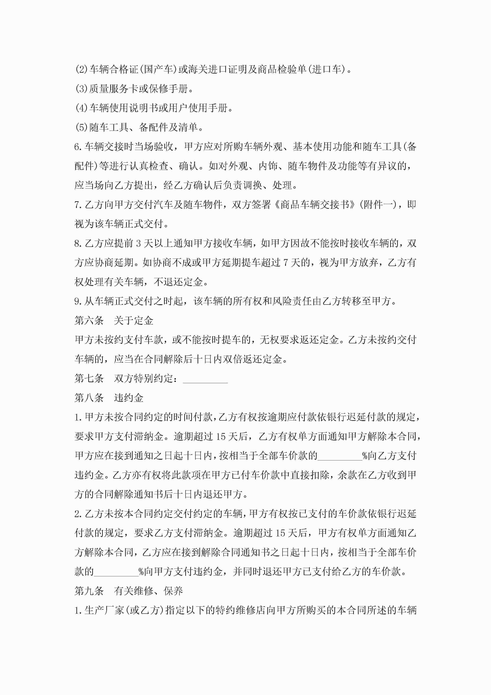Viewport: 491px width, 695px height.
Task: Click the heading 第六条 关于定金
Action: coord(114,321)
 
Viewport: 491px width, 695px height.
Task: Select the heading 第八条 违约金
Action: coord(109,398)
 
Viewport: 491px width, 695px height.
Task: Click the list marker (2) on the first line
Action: coord(81,70)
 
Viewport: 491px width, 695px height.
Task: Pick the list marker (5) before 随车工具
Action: coord(81,127)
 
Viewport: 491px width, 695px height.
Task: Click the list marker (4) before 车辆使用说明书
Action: coord(81,108)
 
